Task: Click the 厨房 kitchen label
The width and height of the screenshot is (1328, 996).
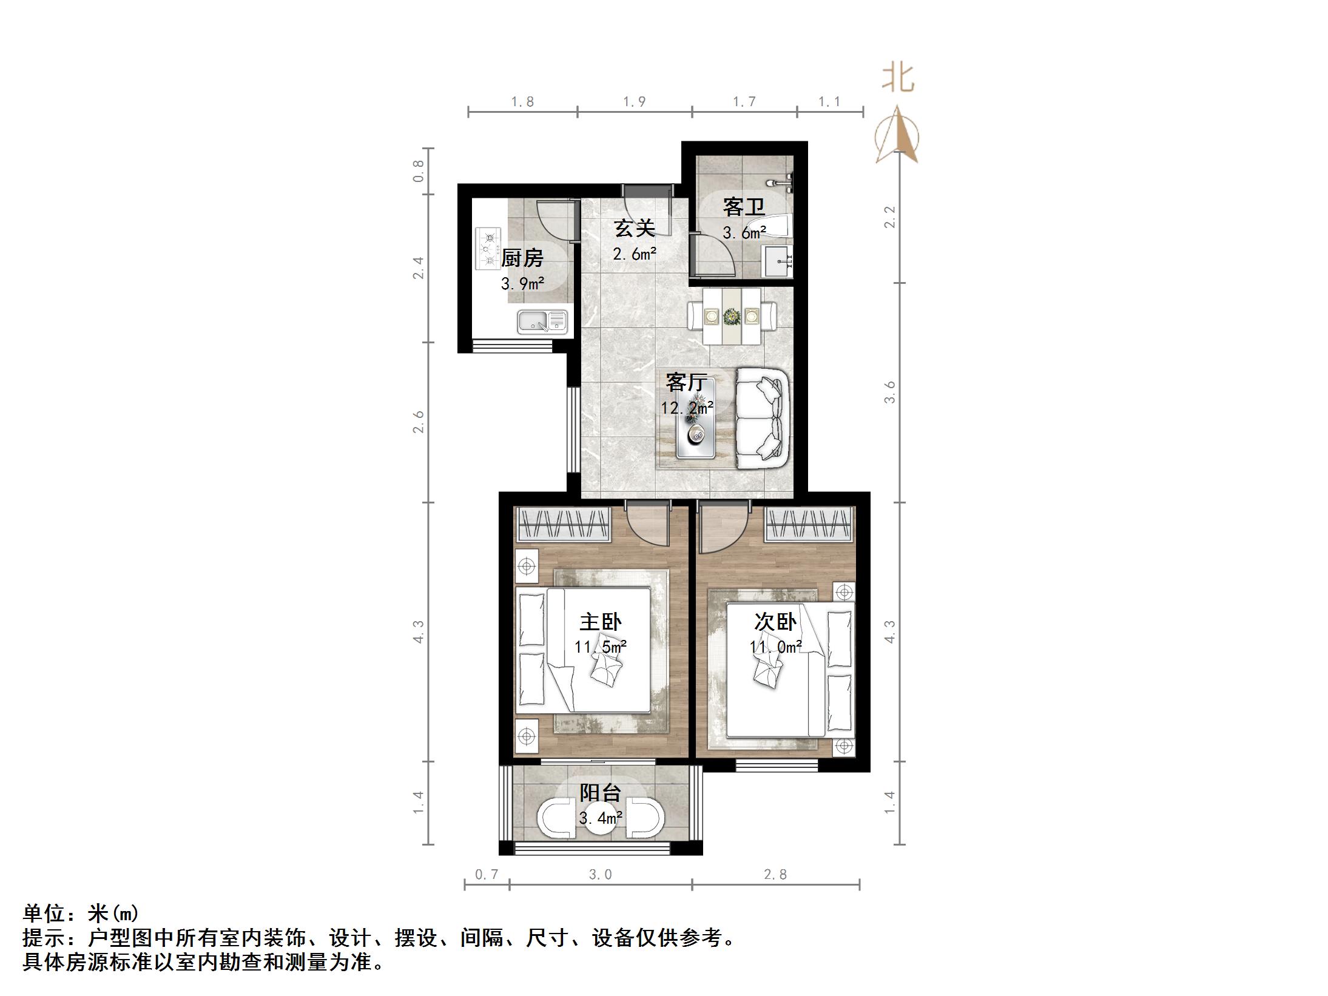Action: (x=522, y=258)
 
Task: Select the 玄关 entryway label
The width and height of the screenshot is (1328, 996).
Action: (x=634, y=229)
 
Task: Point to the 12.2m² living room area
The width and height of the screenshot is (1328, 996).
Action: (x=687, y=408)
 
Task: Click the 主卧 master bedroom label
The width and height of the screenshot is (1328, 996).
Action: (x=600, y=622)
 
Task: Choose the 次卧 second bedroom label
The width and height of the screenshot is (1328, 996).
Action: (x=775, y=622)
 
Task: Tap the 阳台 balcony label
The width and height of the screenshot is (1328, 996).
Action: (x=600, y=793)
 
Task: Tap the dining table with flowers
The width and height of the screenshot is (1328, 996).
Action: (x=732, y=316)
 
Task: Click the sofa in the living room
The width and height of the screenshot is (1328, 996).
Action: (x=763, y=419)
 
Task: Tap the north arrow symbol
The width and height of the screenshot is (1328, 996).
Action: (x=896, y=136)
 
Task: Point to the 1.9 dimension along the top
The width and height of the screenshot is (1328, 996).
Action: (x=634, y=101)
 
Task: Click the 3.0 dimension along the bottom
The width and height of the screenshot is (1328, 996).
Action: (x=600, y=874)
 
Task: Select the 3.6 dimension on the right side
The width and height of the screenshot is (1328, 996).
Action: (x=890, y=392)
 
